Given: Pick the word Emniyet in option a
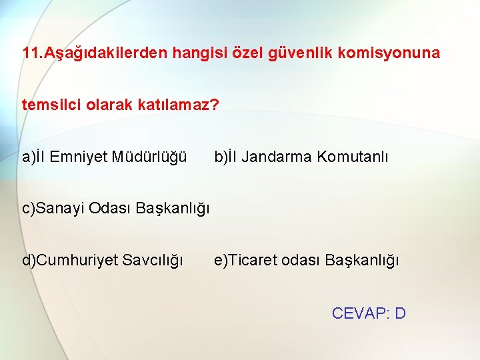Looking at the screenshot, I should click(x=80, y=157).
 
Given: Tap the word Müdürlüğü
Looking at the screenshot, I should click(x=149, y=157).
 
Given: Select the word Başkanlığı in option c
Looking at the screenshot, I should click(x=173, y=209).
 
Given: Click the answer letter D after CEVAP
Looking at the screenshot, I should click(x=400, y=313).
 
